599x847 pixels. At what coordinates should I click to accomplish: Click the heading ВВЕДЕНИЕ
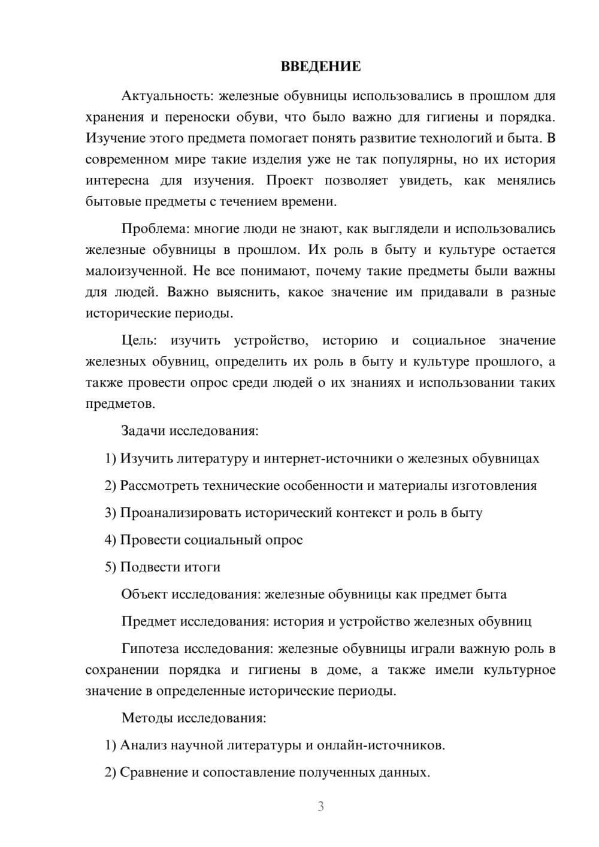(320, 66)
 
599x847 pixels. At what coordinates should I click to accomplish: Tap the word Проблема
(149, 229)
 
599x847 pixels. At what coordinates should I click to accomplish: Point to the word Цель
(139, 341)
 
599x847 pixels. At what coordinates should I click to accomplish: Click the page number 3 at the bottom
(320, 806)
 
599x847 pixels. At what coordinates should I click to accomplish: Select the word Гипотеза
(149, 649)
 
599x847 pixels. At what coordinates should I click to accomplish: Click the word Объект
(144, 594)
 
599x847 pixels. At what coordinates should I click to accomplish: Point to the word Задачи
(143, 431)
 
